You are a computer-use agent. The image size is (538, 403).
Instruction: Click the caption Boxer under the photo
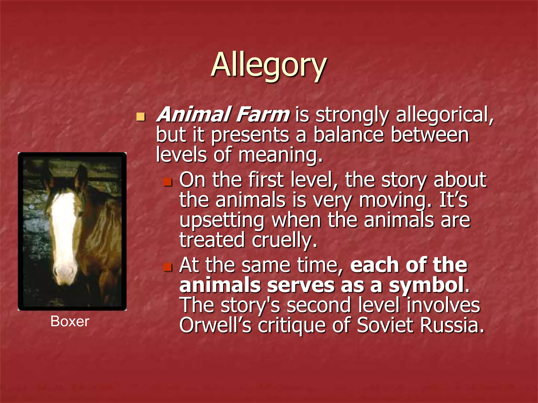[70, 321]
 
